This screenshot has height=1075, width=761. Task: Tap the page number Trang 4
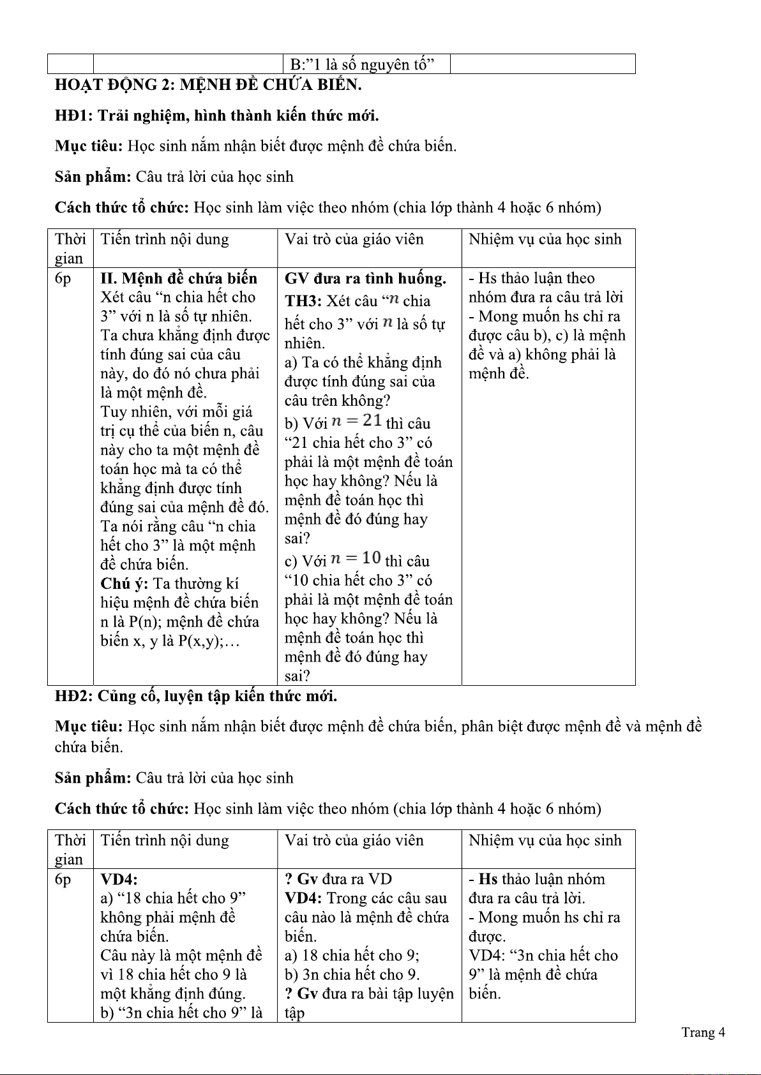703,1032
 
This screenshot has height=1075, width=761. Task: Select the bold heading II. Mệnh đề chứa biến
179,278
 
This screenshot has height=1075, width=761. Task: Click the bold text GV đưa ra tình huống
365,278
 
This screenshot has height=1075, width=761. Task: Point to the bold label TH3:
303,301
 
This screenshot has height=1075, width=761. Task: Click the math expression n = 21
357,421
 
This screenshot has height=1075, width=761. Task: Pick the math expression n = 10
356,559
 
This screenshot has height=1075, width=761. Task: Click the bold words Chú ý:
124,584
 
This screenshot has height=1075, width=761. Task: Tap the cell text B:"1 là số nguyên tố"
362,64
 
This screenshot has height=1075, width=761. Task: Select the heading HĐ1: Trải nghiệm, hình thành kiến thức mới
217,115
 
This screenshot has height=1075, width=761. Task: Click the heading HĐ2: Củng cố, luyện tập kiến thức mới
196,696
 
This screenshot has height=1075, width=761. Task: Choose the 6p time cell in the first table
63,278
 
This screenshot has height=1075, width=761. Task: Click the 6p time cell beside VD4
63,879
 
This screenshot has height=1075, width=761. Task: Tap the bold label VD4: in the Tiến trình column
119,879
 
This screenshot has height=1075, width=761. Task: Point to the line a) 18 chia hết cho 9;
352,956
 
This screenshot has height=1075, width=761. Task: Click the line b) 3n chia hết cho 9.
352,975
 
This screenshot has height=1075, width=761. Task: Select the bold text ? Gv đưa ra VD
338,879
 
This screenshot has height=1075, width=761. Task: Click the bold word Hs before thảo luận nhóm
488,879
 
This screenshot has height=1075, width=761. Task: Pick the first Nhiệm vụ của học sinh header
545,239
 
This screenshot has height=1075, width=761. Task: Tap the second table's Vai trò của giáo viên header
354,840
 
